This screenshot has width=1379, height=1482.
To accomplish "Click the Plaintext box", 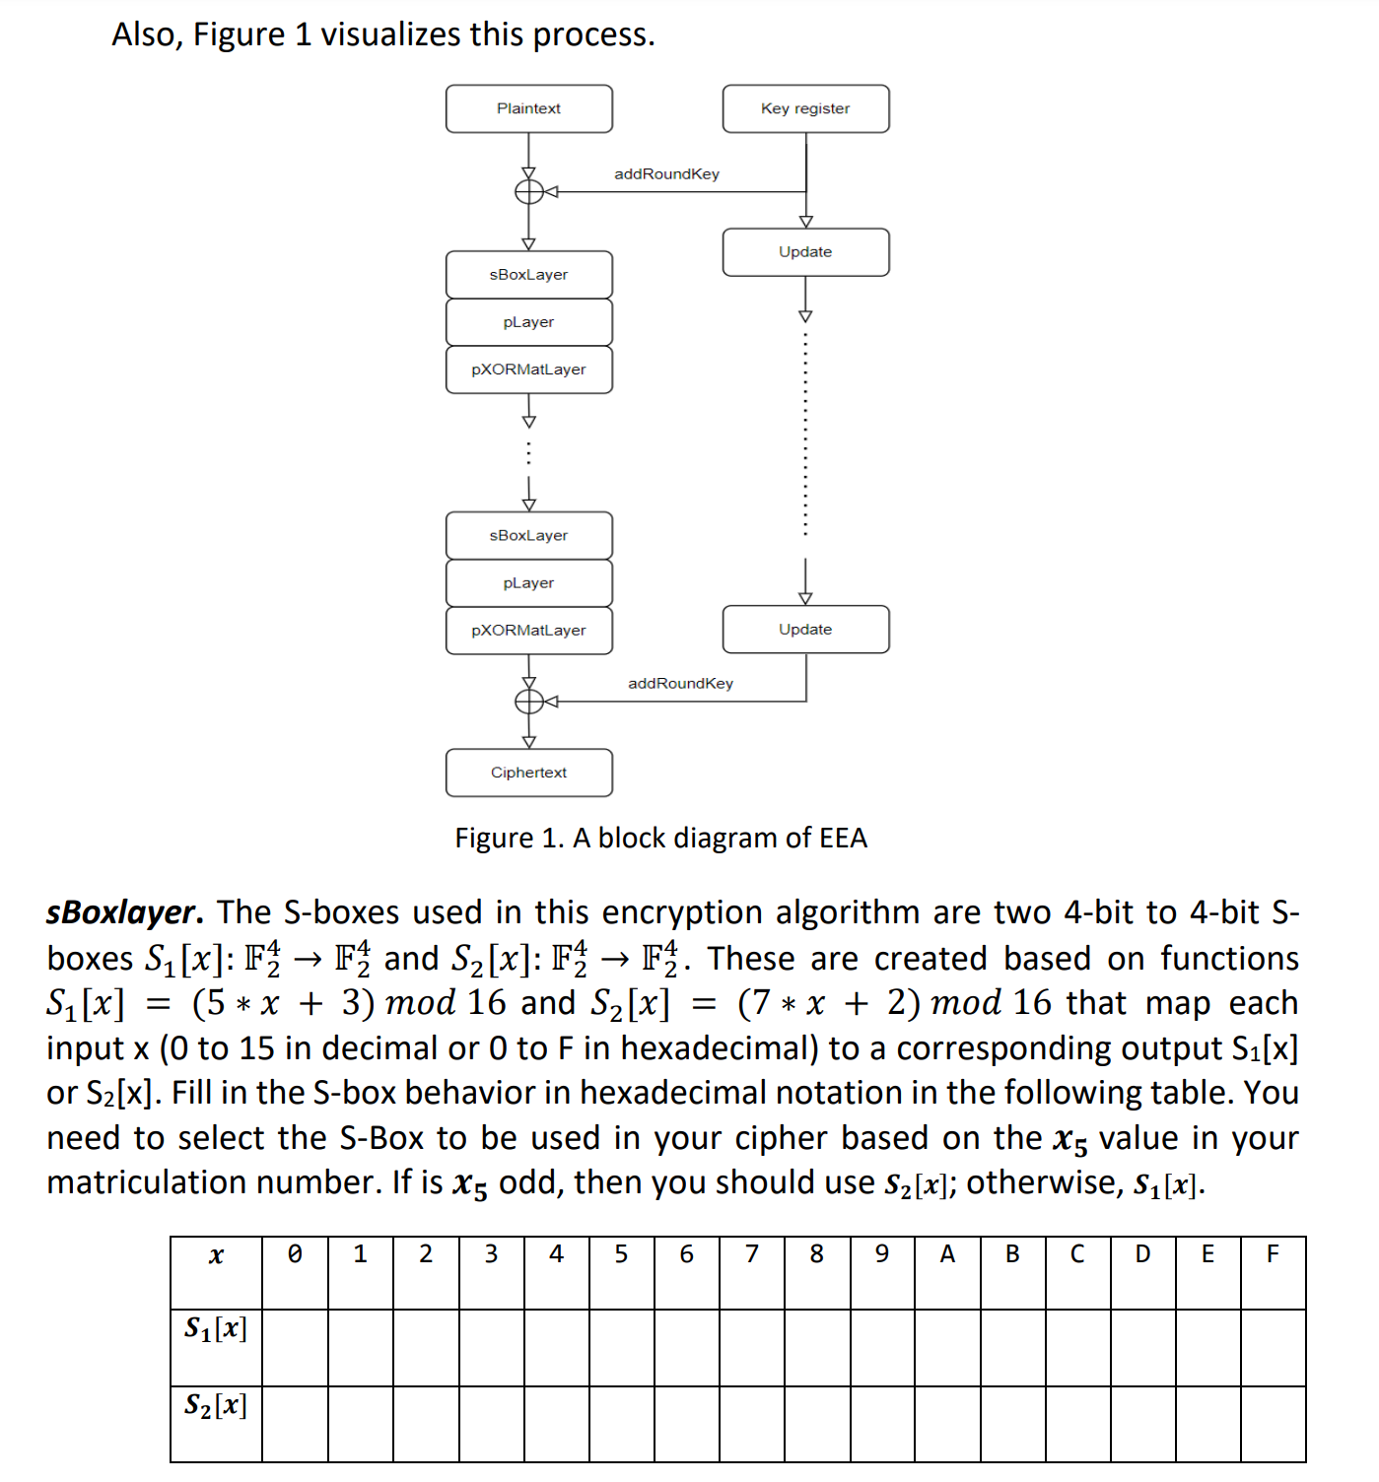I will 528,108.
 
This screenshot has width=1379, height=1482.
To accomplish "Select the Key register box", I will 805,108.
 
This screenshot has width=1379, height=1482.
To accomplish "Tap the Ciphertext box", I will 528,773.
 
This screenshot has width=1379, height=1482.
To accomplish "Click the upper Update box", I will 805,252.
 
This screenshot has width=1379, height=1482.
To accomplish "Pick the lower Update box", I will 805,630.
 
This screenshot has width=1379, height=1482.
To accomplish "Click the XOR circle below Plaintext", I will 529,191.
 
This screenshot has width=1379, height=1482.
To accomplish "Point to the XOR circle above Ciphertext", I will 529,702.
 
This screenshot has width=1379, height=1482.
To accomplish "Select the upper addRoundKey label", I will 666,174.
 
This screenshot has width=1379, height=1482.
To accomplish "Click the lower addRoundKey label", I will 680,684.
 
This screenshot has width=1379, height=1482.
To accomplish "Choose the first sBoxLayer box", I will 528,275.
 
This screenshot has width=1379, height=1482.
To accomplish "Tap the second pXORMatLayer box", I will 528,631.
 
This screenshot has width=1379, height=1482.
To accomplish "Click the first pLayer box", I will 528,322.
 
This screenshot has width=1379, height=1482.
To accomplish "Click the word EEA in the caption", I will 843,839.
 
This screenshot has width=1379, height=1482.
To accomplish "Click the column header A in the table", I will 947,1254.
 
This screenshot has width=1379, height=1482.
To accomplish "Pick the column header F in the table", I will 1273,1254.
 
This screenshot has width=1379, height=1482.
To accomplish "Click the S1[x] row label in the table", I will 216,1329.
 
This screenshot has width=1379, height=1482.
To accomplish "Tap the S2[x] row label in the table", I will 216,1405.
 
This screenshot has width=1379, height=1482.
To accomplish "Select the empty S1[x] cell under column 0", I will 295,1347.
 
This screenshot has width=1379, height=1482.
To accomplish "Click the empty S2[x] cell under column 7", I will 752,1424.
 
